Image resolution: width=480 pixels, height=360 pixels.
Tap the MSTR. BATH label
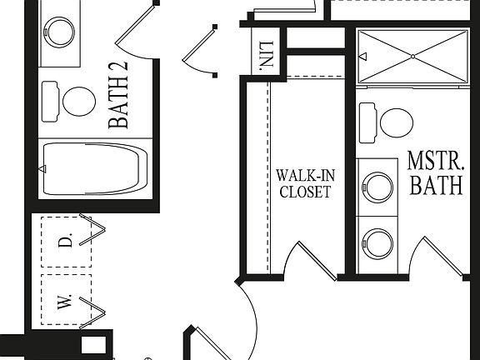click(x=434, y=172)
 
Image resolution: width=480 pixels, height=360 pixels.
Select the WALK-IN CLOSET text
click(x=303, y=183)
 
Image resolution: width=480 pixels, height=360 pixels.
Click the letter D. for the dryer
click(x=71, y=241)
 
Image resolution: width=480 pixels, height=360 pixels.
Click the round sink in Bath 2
click(x=61, y=32)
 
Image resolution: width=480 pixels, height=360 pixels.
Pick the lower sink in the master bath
click(x=380, y=243)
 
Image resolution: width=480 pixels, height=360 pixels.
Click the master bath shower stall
click(x=412, y=57)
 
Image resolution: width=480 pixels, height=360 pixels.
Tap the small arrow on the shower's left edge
click(x=362, y=57)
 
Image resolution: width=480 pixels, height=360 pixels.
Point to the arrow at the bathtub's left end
click(x=41, y=169)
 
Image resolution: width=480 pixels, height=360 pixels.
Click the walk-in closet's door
click(x=317, y=259)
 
